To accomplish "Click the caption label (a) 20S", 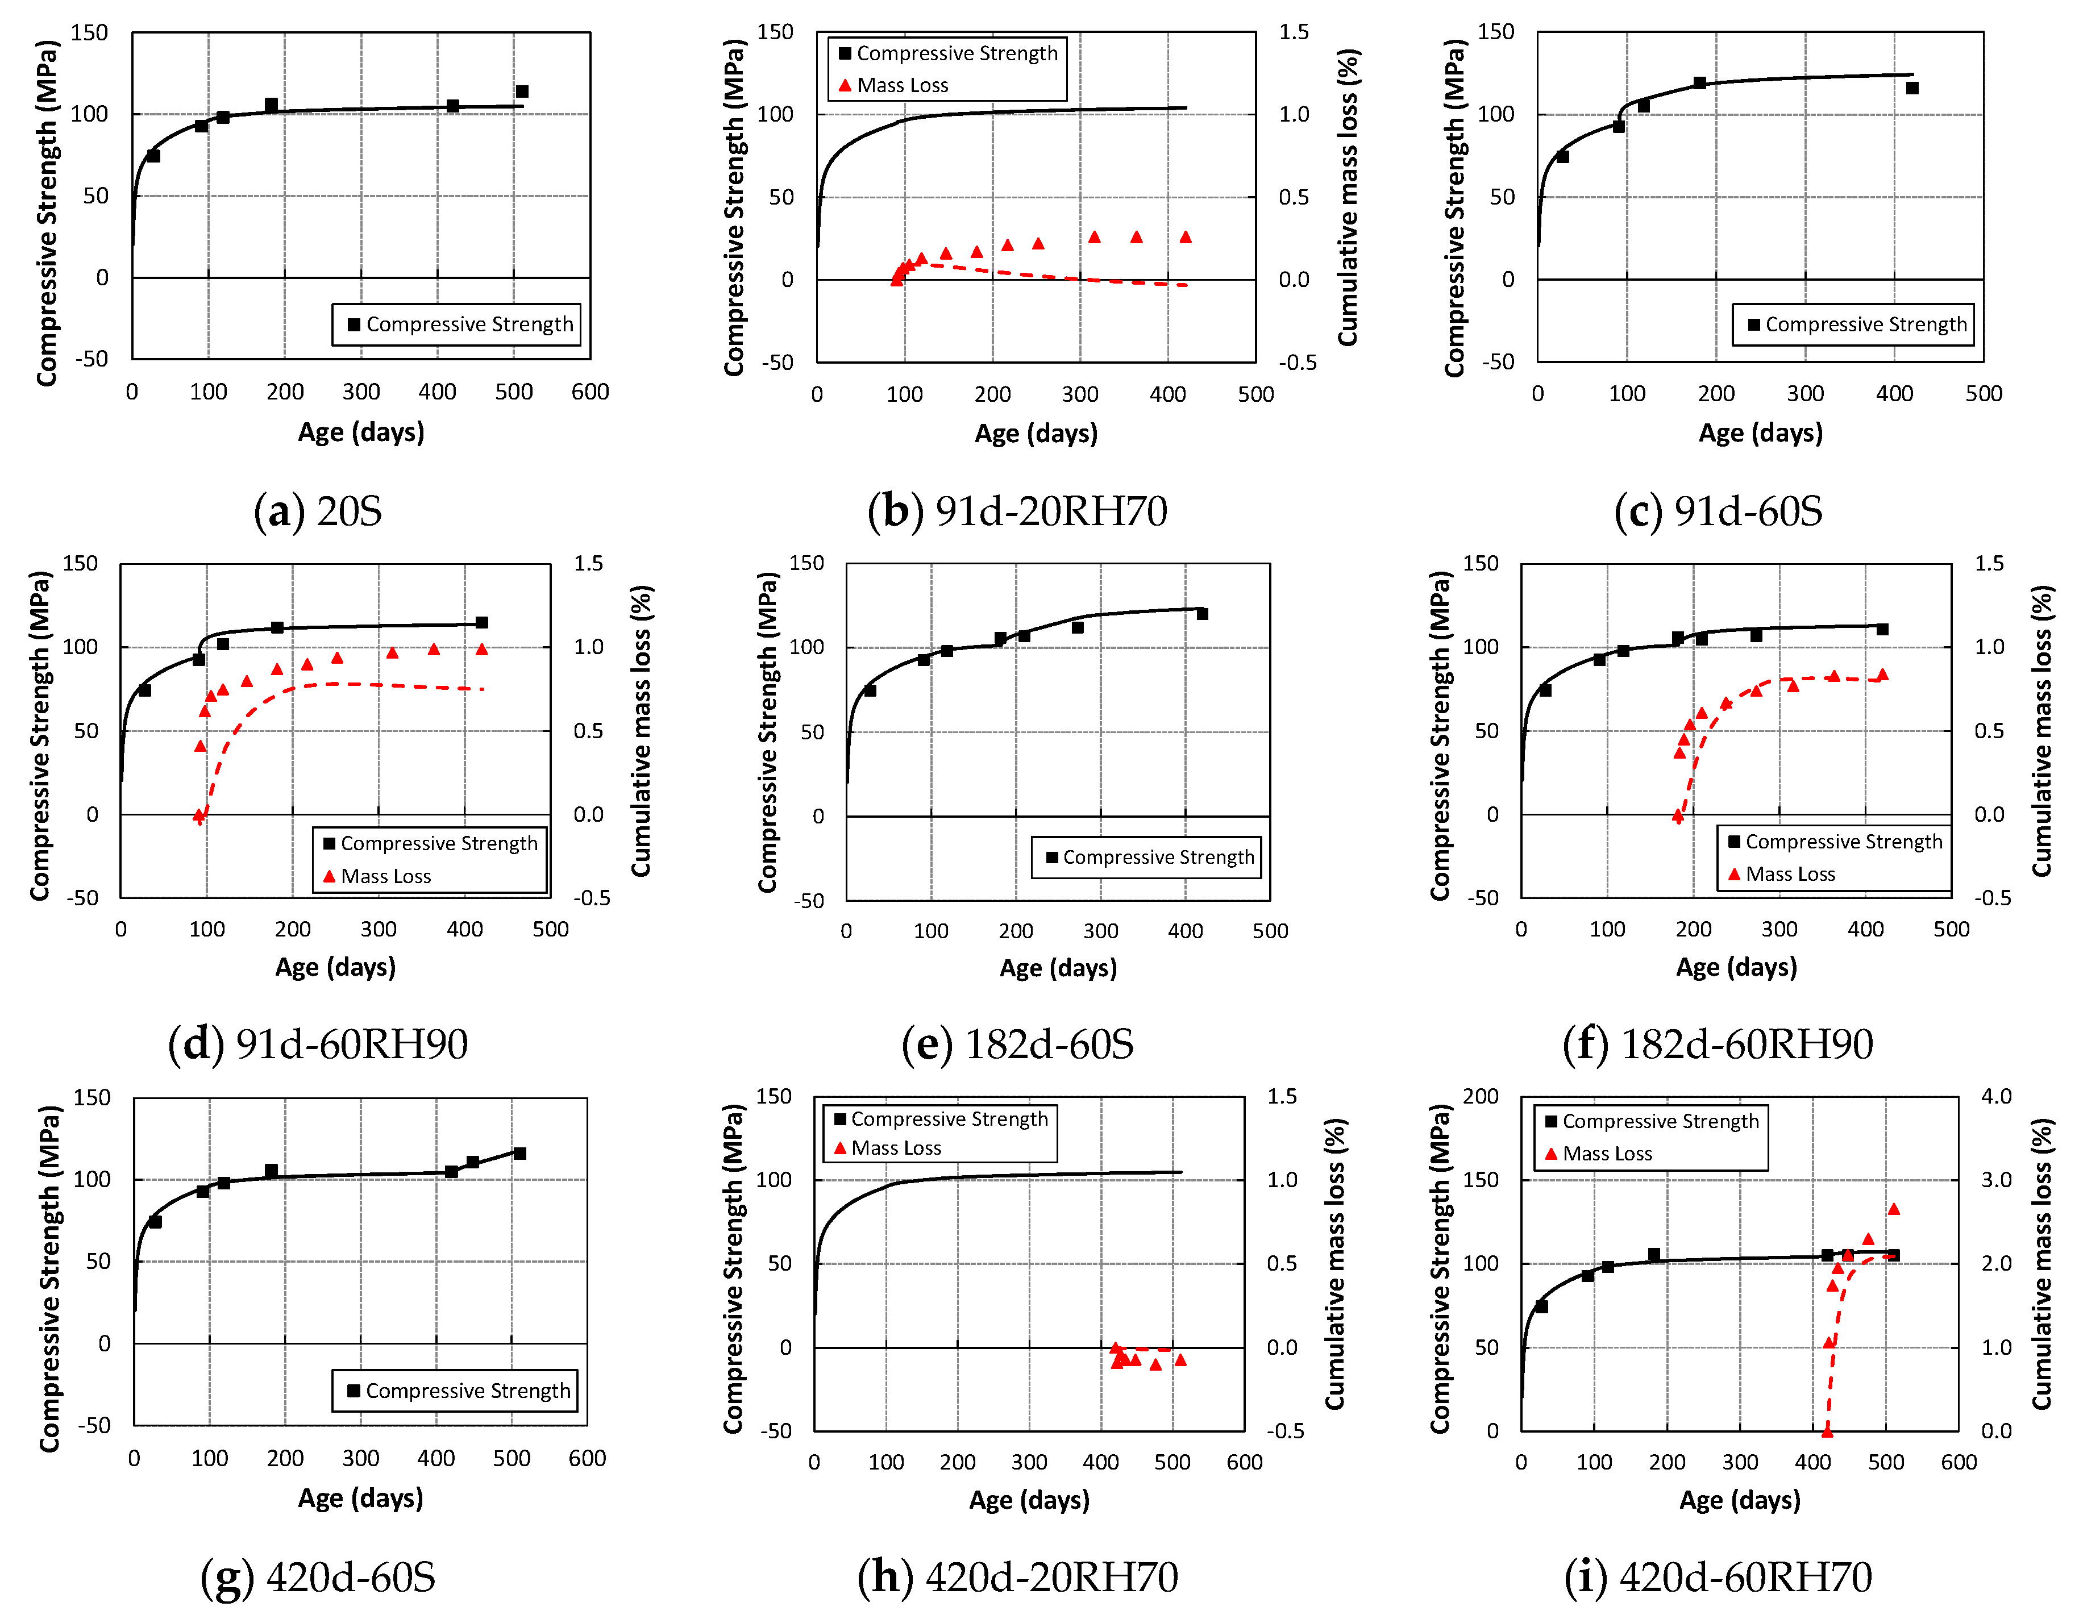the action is click(318, 511).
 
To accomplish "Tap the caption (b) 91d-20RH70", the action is click(1017, 511).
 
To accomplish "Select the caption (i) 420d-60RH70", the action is click(1718, 1577).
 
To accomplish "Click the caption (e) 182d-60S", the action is click(1017, 1044).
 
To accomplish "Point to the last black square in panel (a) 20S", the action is click(522, 91).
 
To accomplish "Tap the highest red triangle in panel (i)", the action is click(1893, 1209).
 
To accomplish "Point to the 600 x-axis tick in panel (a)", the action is click(590, 391).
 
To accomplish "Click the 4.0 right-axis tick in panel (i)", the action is click(1996, 1096).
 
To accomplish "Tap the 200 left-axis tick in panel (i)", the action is click(1481, 1096).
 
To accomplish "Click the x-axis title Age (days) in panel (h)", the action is click(1029, 1500).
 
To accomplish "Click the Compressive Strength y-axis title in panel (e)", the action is click(767, 731).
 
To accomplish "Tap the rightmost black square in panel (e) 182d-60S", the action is click(1202, 614).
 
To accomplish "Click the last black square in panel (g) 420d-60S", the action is click(519, 1154).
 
